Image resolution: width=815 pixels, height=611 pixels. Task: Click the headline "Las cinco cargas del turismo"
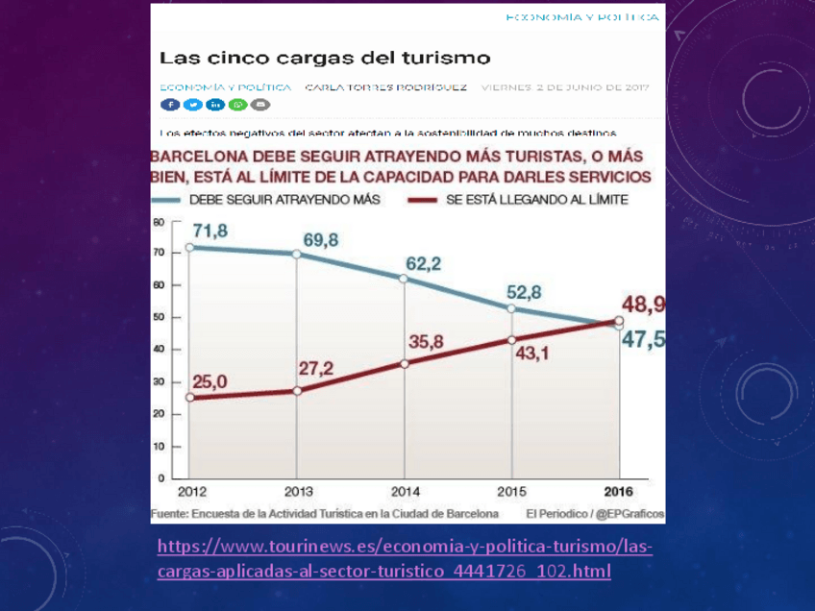point(325,58)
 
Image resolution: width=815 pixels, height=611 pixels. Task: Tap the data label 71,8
point(210,231)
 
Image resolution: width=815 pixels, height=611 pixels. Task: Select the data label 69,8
point(320,239)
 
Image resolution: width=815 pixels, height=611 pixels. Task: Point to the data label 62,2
point(423,263)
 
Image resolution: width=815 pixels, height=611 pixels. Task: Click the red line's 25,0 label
point(210,381)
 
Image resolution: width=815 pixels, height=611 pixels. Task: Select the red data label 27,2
point(316,369)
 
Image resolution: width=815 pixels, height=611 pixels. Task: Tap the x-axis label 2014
point(405,490)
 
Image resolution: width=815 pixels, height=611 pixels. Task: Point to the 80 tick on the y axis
point(160,221)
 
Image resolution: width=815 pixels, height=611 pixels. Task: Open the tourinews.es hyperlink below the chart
point(404,558)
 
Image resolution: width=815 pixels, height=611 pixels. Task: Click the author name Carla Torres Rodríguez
point(386,86)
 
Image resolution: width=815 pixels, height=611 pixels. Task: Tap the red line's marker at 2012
point(189,397)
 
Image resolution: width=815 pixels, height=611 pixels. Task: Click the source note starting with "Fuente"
point(325,513)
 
